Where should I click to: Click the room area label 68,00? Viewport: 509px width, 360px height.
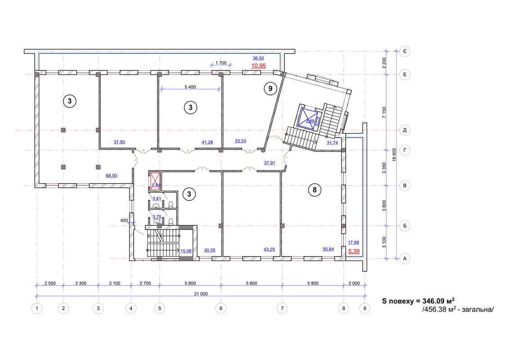pyautogui.click(x=111, y=175)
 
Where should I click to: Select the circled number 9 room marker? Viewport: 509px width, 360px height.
pyautogui.click(x=270, y=88)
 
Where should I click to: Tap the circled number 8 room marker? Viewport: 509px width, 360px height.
pyautogui.click(x=314, y=189)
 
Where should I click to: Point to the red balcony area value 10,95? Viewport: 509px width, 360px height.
pyautogui.click(x=259, y=66)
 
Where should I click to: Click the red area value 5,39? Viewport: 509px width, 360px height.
pyautogui.click(x=354, y=251)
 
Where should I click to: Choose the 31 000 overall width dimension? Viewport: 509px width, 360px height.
pyautogui.click(x=201, y=294)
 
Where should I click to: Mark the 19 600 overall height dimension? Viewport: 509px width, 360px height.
pyautogui.click(x=394, y=155)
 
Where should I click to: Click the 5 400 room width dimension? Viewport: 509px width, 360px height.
pyautogui.click(x=190, y=87)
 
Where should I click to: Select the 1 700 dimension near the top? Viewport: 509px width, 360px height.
pyautogui.click(x=221, y=63)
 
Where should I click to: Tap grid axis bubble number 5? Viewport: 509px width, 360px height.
pyautogui.click(x=159, y=308)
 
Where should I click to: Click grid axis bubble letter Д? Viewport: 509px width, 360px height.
pyautogui.click(x=405, y=130)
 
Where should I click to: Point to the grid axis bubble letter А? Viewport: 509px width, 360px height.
pyautogui.click(x=405, y=259)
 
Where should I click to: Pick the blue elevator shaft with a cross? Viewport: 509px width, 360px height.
pyautogui.click(x=307, y=117)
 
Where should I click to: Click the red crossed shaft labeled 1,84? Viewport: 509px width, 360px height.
pyautogui.click(x=155, y=181)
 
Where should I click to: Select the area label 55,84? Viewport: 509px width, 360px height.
pyautogui.click(x=328, y=249)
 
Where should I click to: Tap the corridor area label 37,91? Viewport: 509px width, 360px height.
pyautogui.click(x=270, y=163)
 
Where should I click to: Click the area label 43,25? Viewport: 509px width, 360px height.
pyautogui.click(x=269, y=250)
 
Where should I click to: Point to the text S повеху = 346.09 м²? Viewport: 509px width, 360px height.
pyautogui.click(x=418, y=301)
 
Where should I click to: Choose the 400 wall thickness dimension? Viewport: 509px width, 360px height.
pyautogui.click(x=124, y=220)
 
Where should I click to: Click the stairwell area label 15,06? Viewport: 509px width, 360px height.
pyautogui.click(x=186, y=251)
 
